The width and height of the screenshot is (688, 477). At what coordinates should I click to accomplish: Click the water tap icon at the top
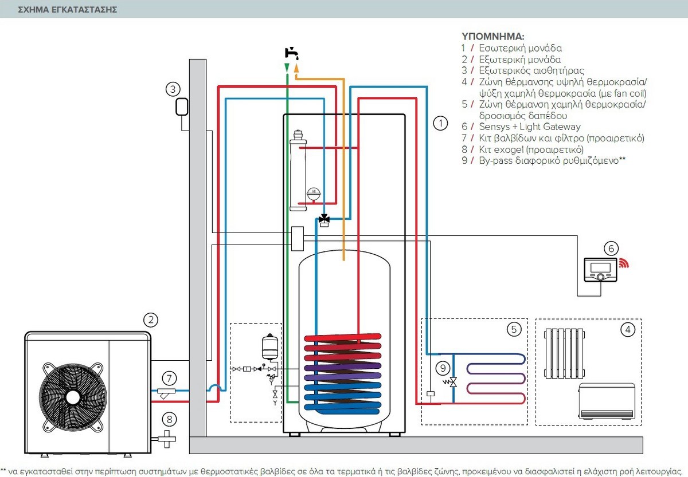[x=291, y=53]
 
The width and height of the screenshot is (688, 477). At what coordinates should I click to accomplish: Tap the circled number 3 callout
[x=173, y=89]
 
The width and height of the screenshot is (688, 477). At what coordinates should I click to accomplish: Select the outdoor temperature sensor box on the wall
[x=182, y=107]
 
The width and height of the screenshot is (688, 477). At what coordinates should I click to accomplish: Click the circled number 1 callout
[x=440, y=123]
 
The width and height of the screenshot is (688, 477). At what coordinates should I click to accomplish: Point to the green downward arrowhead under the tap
[x=287, y=68]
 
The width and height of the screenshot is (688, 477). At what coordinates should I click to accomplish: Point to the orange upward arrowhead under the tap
[x=296, y=68]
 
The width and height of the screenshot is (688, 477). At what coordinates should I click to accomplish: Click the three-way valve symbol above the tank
[x=325, y=220]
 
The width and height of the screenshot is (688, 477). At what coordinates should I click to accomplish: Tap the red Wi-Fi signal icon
[x=624, y=263]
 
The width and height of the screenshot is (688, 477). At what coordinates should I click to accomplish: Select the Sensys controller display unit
[x=600, y=270]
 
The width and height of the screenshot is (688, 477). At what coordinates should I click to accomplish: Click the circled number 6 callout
[x=611, y=249]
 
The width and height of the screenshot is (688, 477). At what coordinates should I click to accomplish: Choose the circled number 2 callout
[x=151, y=320]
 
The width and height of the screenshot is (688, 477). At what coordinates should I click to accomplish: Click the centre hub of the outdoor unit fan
[x=73, y=397]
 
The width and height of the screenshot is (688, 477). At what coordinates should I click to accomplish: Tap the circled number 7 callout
[x=169, y=379]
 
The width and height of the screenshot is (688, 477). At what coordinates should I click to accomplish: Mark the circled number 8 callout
[x=169, y=419]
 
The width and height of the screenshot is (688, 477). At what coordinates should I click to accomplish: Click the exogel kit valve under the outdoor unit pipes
[x=166, y=439]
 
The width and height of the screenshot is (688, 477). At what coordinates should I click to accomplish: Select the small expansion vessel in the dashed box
[x=270, y=347]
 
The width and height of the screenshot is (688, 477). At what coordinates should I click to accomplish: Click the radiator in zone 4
[x=565, y=353]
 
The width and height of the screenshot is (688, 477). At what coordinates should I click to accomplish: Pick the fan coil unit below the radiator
[x=607, y=401]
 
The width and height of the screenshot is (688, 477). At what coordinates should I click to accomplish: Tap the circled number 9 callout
[x=443, y=368]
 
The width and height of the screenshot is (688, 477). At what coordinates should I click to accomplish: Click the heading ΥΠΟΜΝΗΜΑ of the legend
[x=492, y=37]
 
